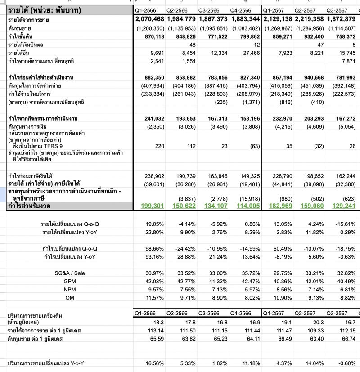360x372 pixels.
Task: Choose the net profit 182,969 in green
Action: point(280,206)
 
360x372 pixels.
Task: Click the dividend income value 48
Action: point(193,44)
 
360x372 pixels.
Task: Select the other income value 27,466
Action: point(248,53)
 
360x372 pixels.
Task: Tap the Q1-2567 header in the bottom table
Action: point(273,313)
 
